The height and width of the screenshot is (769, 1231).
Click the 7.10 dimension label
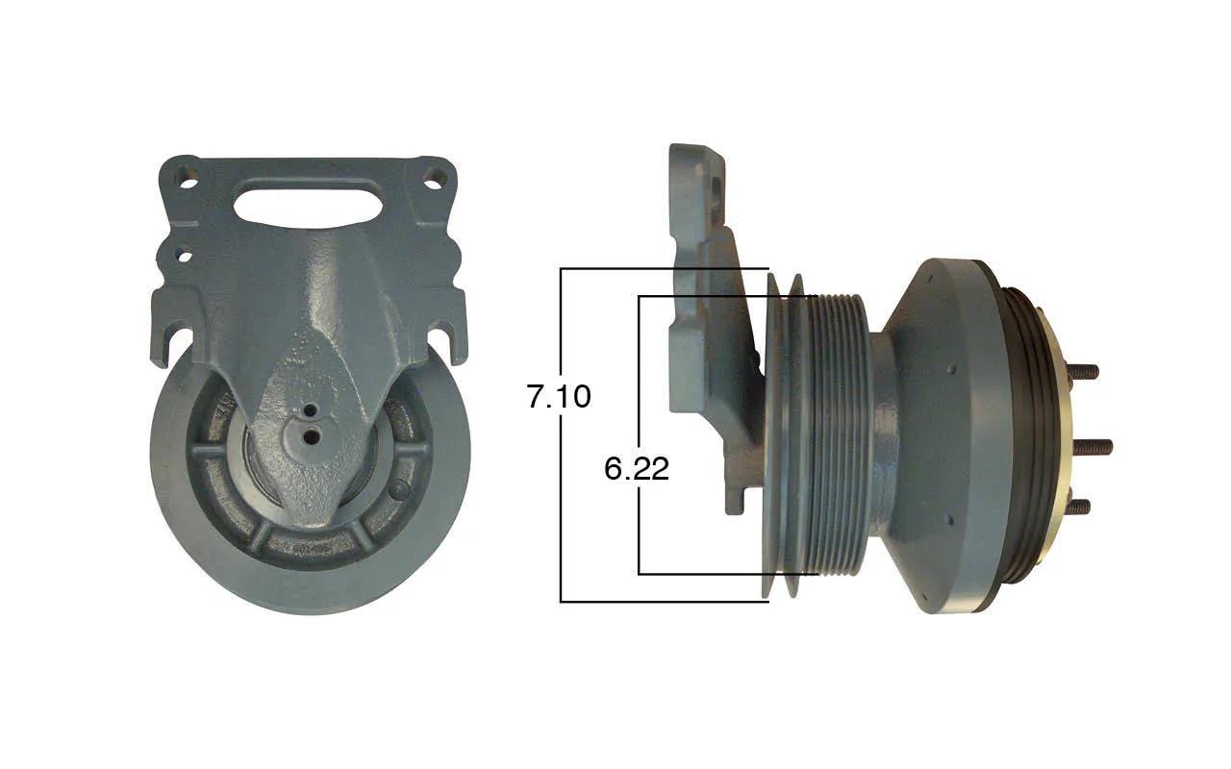click(559, 396)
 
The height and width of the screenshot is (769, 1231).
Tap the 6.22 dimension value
click(637, 469)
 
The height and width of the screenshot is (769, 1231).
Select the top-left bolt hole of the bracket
click(187, 179)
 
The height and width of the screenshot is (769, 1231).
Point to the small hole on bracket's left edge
click(185, 256)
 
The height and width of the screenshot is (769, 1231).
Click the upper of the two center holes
click(311, 410)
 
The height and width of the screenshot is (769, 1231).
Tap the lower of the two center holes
click(313, 436)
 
